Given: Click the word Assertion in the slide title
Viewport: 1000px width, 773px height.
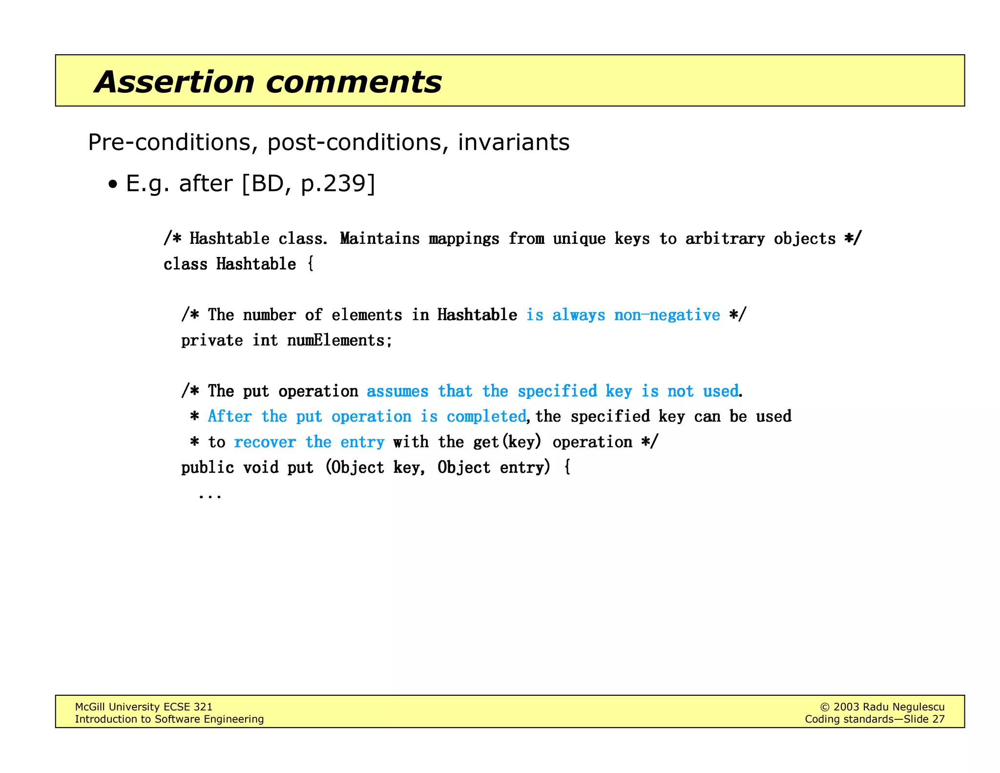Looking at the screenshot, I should [x=174, y=82].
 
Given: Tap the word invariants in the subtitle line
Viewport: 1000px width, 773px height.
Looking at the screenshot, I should [x=513, y=143].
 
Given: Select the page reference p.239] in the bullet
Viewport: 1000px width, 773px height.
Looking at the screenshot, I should [x=338, y=184].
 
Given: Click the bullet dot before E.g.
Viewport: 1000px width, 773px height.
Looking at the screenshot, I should [x=113, y=185].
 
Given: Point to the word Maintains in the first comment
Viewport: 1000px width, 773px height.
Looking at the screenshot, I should [x=379, y=238].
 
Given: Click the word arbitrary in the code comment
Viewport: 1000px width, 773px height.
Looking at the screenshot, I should [x=725, y=238].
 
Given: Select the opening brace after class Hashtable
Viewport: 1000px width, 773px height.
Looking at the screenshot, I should [x=311, y=264].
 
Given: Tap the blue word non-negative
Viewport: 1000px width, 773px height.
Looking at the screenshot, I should [x=667, y=315].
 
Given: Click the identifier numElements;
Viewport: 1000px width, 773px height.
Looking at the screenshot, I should [x=340, y=340].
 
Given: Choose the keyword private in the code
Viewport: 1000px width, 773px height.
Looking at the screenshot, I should [x=212, y=340].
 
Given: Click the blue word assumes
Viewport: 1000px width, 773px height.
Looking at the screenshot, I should [x=397, y=391].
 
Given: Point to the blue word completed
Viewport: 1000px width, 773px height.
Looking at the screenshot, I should [x=486, y=416].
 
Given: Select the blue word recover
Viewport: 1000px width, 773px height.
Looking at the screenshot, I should [x=265, y=442].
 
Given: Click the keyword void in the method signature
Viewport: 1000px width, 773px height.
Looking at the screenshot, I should [x=261, y=467].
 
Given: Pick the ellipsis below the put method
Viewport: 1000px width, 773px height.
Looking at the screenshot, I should [x=210, y=496].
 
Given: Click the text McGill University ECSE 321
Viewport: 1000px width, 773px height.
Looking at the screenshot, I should [x=144, y=707].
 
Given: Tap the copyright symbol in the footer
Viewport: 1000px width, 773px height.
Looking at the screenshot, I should [x=824, y=707].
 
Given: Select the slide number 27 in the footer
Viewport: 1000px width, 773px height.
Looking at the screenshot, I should [x=938, y=719].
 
